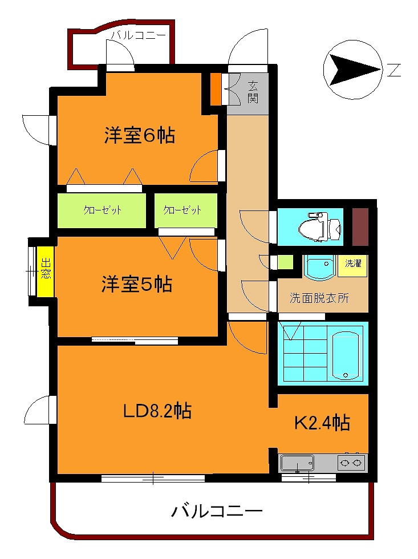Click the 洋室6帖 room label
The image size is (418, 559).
[139, 136]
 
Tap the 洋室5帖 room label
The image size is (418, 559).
[137, 283]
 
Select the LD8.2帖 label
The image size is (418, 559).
[157, 410]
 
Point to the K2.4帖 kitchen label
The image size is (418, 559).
[322, 423]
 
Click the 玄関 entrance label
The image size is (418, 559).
[253, 91]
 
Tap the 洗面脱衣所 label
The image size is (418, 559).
[319, 297]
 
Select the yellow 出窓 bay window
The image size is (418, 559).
[46, 272]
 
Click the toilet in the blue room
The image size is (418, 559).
[319, 226]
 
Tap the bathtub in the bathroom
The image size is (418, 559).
[347, 353]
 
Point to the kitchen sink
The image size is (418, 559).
[297, 461]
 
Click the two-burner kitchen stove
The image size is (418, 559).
[351, 461]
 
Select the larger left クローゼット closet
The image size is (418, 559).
[103, 210]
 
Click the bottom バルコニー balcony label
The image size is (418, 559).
[217, 509]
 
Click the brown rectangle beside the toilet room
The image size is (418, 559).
[360, 226]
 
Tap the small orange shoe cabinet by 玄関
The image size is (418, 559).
[216, 90]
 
